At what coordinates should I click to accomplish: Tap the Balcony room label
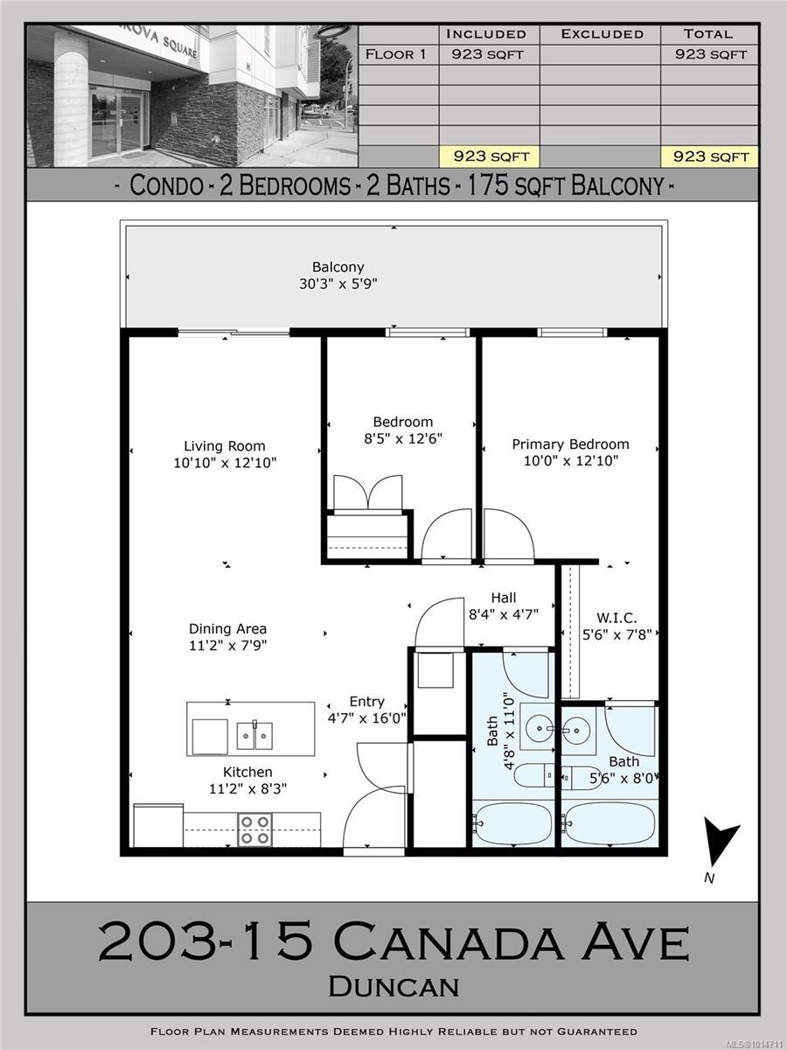click(338, 267)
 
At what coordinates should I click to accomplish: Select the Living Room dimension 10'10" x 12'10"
click(225, 463)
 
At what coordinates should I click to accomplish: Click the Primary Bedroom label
click(570, 444)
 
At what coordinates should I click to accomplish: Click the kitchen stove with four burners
click(254, 829)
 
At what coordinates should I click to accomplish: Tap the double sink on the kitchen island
click(254, 735)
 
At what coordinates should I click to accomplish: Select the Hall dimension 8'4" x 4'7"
click(503, 614)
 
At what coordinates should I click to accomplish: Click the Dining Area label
click(227, 628)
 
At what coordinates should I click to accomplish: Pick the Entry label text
click(366, 702)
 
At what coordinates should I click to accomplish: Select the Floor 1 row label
click(395, 54)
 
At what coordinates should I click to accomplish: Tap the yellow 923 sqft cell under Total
click(708, 157)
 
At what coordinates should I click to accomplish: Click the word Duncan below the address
click(393, 986)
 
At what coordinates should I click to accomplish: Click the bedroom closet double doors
click(368, 494)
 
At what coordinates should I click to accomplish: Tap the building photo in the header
click(192, 95)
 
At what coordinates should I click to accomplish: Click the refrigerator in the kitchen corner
click(158, 826)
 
